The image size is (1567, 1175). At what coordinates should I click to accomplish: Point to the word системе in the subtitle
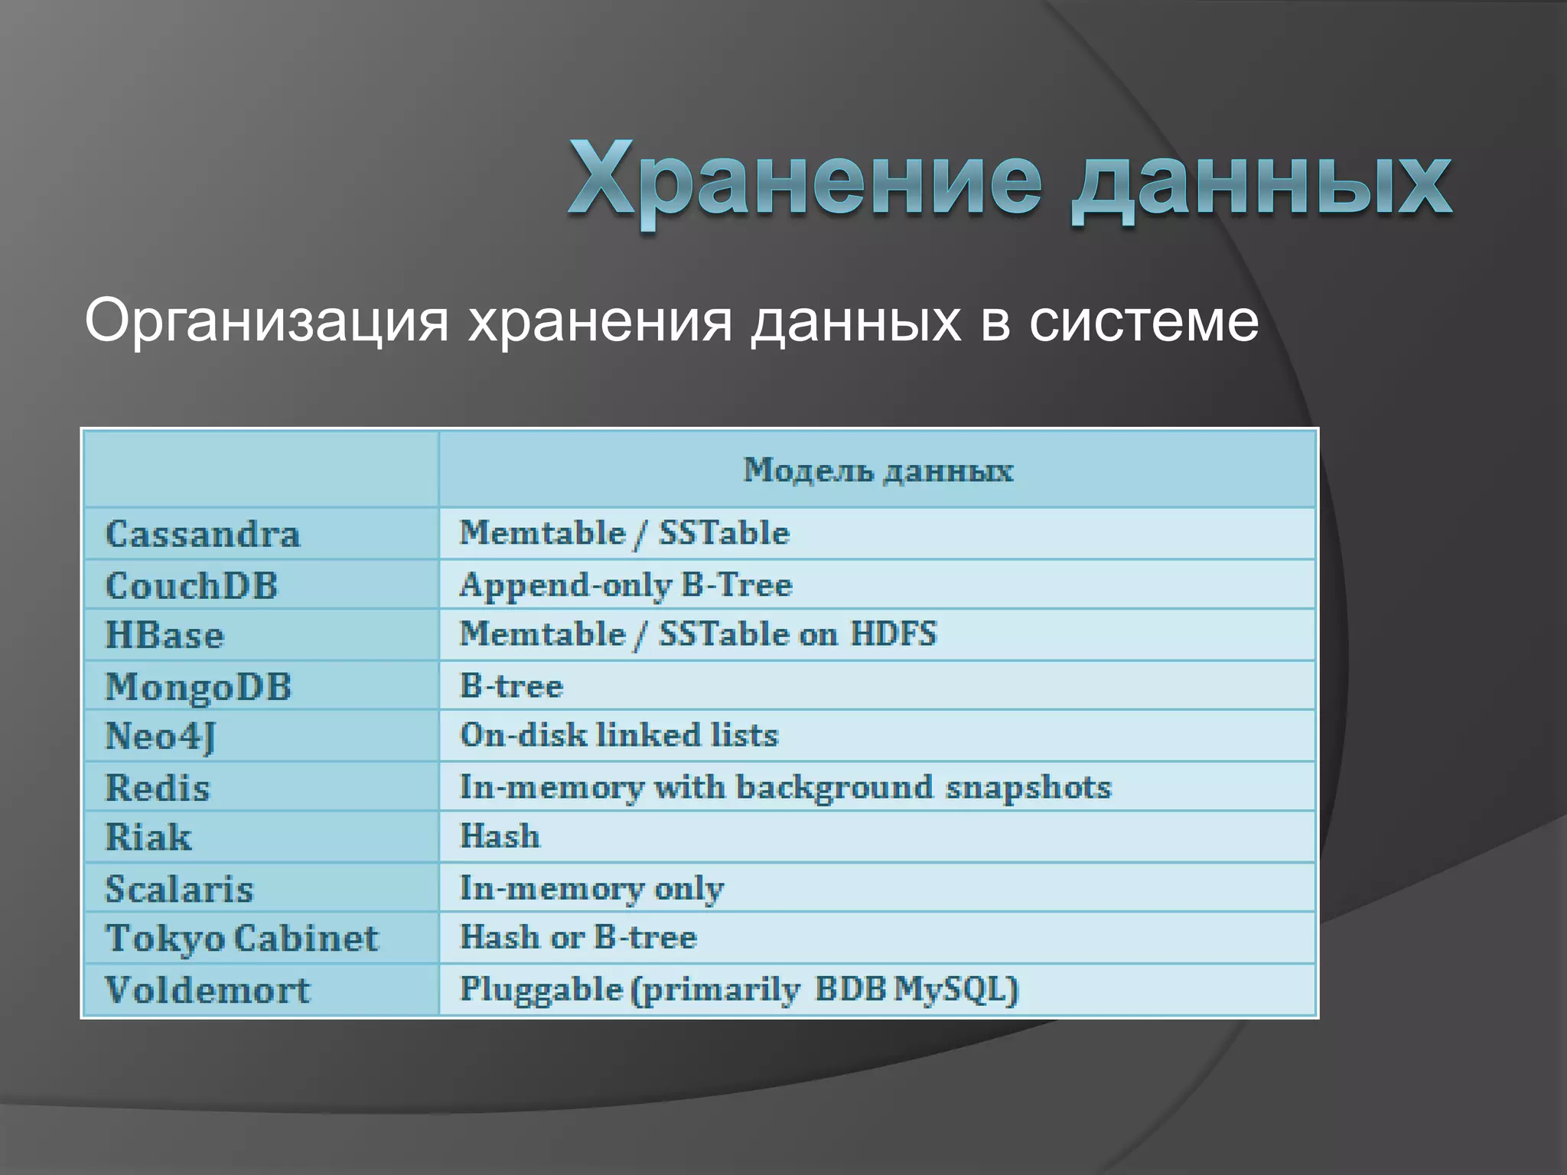[1143, 321]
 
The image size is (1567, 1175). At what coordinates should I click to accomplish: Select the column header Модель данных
[878, 470]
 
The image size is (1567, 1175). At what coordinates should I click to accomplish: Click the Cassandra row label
[202, 534]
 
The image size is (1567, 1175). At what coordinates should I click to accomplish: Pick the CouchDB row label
[191, 586]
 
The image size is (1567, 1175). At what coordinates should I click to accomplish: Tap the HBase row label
[165, 636]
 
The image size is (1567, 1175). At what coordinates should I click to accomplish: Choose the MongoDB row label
[198, 687]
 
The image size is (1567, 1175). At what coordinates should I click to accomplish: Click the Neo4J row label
[160, 737]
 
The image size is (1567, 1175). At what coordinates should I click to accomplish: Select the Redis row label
[157, 788]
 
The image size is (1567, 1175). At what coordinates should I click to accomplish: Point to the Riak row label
[148, 837]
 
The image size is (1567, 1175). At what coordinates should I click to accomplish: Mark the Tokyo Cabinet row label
[242, 939]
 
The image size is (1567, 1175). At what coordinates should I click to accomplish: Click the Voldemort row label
[207, 990]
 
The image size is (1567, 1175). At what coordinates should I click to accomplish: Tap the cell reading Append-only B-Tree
[625, 585]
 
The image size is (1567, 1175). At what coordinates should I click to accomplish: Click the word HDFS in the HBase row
[893, 634]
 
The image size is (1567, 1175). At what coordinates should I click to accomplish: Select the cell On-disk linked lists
[618, 735]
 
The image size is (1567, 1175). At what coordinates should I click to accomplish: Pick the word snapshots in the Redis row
[1028, 787]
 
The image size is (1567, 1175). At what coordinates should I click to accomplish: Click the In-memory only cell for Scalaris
[591, 888]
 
